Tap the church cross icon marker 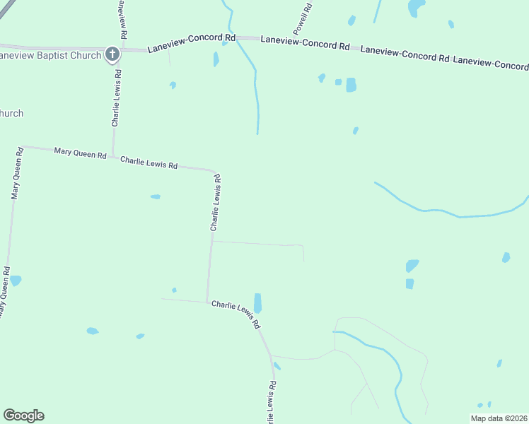click(112, 54)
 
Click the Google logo click(23, 416)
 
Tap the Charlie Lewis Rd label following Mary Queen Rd click(149, 163)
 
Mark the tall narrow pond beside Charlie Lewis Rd click(257, 303)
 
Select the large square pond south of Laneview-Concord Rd click(351, 85)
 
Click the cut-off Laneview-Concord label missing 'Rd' click(490, 63)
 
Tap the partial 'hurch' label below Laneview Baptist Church click(12, 113)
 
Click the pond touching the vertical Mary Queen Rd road click(15, 281)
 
